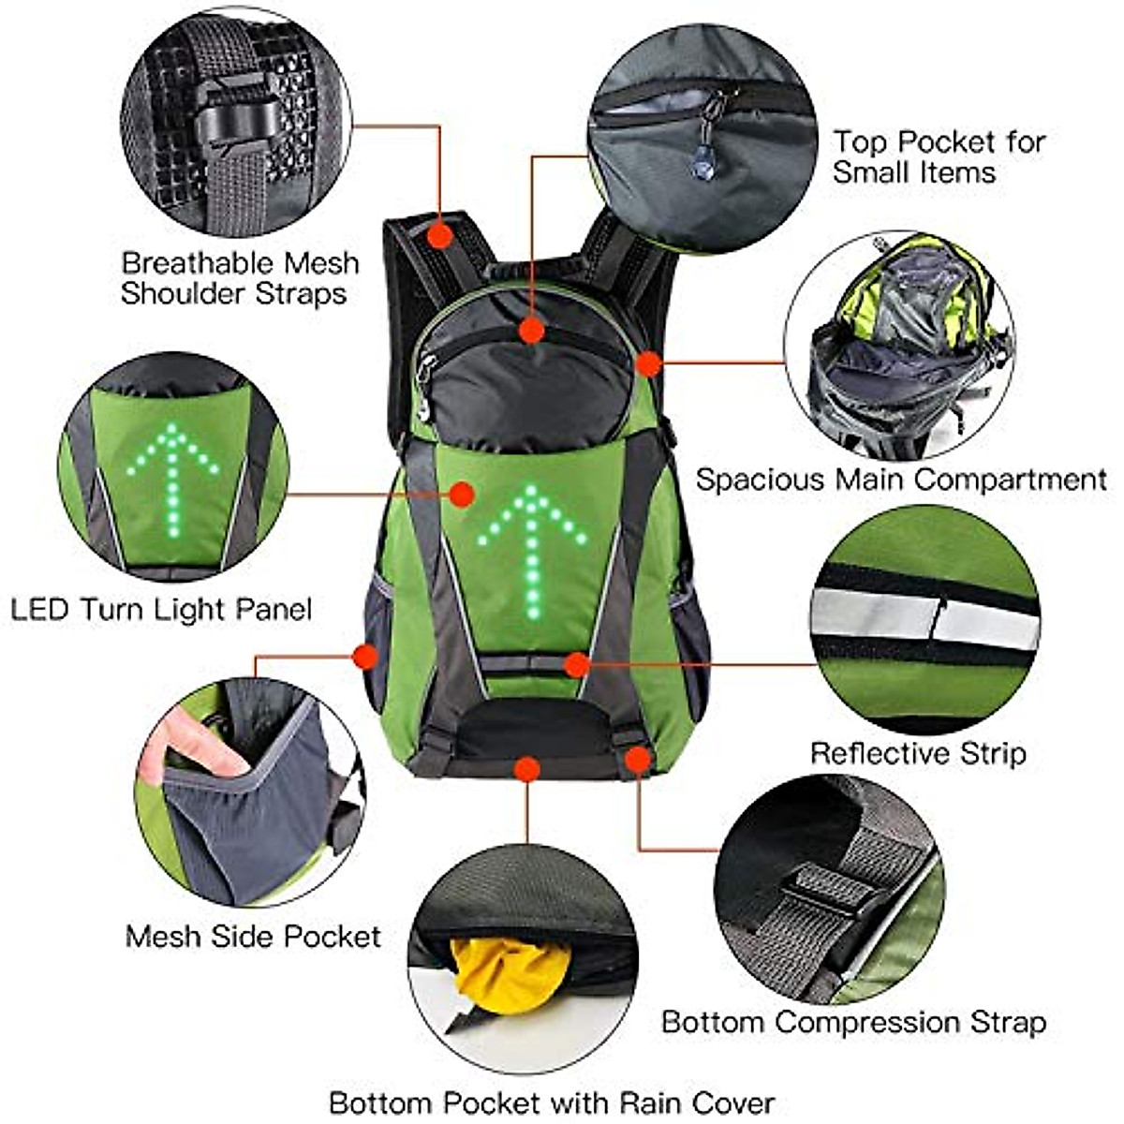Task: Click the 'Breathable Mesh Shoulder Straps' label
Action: (x=239, y=278)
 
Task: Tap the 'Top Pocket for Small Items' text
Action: (x=939, y=157)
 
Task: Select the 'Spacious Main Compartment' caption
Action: (x=901, y=480)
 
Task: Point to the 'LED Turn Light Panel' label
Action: (x=160, y=610)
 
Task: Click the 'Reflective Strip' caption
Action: (x=918, y=753)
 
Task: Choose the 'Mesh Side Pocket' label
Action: (x=253, y=936)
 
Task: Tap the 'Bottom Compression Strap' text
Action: (x=853, y=1022)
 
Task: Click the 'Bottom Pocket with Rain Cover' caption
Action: (x=552, y=1102)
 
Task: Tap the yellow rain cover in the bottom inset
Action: (x=510, y=974)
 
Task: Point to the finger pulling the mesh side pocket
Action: (x=192, y=745)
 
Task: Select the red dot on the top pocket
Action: (x=532, y=330)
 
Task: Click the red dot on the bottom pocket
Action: (x=527, y=770)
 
